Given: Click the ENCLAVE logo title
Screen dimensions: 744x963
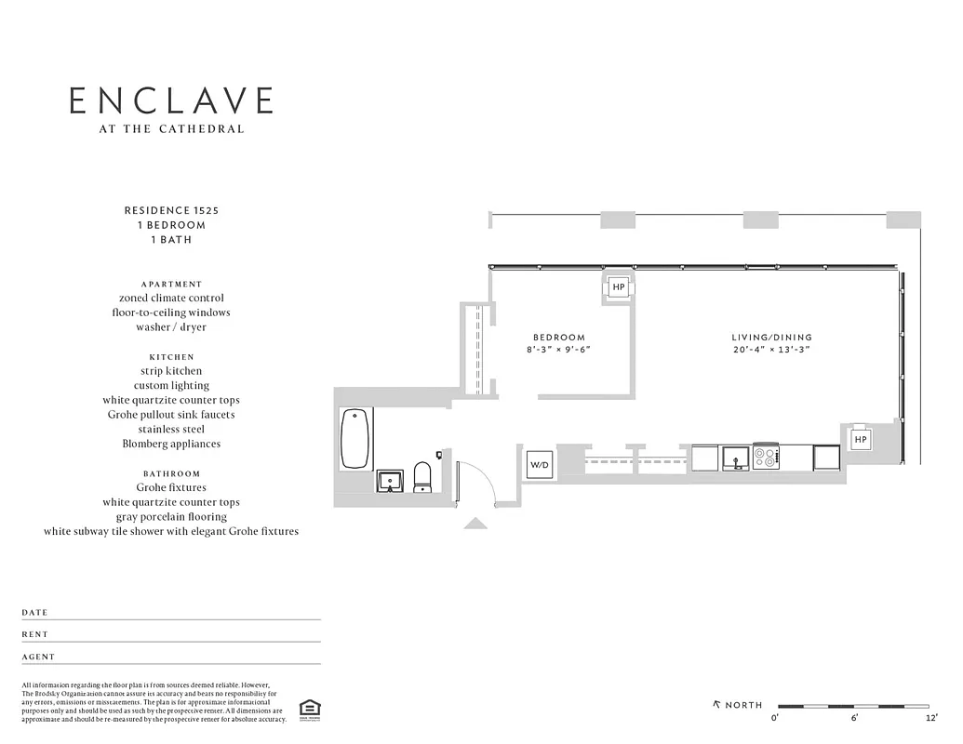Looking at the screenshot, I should point(171,100).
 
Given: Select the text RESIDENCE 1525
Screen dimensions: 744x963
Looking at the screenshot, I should point(171,210).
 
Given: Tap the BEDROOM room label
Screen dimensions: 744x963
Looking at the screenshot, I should point(558,337).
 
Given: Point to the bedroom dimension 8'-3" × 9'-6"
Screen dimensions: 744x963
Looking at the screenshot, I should point(558,350).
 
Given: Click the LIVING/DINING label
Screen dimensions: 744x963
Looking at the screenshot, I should point(771,337).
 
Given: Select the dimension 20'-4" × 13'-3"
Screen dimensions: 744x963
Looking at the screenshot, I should point(771,350).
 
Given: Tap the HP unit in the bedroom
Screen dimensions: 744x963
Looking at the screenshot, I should point(619,287).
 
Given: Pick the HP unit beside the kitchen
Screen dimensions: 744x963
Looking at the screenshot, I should point(860,439).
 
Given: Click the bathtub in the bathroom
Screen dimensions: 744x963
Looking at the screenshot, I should point(354,438).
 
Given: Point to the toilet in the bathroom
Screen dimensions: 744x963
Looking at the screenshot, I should point(421,476).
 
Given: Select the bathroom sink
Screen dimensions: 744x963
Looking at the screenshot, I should point(390,481).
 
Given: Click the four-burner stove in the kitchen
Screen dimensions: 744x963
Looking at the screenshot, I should point(767,458).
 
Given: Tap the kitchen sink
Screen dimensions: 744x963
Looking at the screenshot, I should point(735,458).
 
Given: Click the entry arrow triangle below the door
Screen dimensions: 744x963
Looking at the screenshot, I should point(475,524).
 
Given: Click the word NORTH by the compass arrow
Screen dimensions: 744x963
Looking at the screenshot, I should point(743,704).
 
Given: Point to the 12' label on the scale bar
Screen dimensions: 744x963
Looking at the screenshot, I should point(931,719).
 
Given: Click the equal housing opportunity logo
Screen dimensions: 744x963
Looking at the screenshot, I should point(306,710).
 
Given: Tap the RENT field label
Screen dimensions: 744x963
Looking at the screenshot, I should point(34,634).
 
